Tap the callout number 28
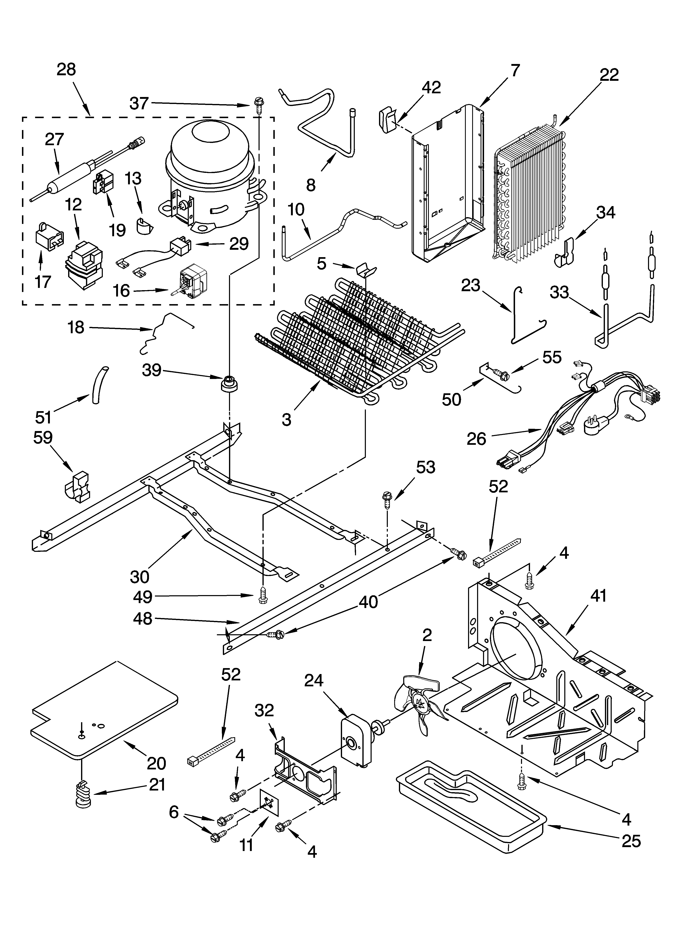point(66,69)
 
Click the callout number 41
point(598,595)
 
